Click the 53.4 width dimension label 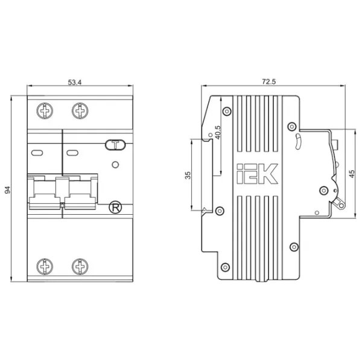pyautogui.click(x=75, y=82)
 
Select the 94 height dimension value pyautogui.click(x=8, y=190)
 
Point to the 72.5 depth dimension pyautogui.click(x=268, y=81)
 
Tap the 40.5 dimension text pyautogui.click(x=218, y=132)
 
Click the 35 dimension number pyautogui.click(x=188, y=175)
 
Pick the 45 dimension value pyautogui.click(x=351, y=174)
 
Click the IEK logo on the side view pyautogui.click(x=257, y=174)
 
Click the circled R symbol pyautogui.click(x=115, y=208)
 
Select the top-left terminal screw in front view pyautogui.click(x=45, y=111)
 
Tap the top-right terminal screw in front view pyautogui.click(x=80, y=111)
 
